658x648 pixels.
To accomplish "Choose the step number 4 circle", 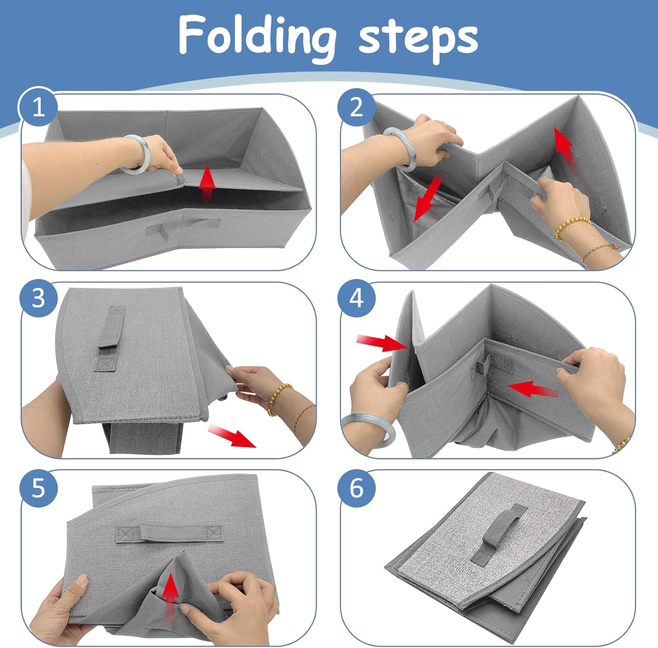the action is [x=356, y=298].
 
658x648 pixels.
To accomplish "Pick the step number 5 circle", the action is [x=38, y=488].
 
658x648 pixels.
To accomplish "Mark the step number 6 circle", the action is [x=356, y=488].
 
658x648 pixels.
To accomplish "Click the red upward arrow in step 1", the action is [x=206, y=184].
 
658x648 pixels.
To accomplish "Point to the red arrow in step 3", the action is [x=231, y=436].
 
